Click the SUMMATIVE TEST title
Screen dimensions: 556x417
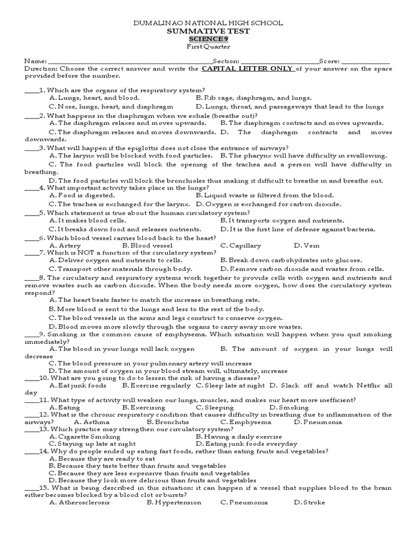(208, 31)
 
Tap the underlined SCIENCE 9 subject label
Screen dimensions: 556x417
(208, 40)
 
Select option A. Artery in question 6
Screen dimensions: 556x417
(65, 246)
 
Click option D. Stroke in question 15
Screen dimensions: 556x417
(309, 502)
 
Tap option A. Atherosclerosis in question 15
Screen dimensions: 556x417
(79, 502)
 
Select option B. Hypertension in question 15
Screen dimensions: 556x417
(174, 502)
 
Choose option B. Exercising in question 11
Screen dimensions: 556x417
(144, 407)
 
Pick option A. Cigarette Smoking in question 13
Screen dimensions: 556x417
(85, 437)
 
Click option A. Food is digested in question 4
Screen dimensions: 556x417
(81, 195)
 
